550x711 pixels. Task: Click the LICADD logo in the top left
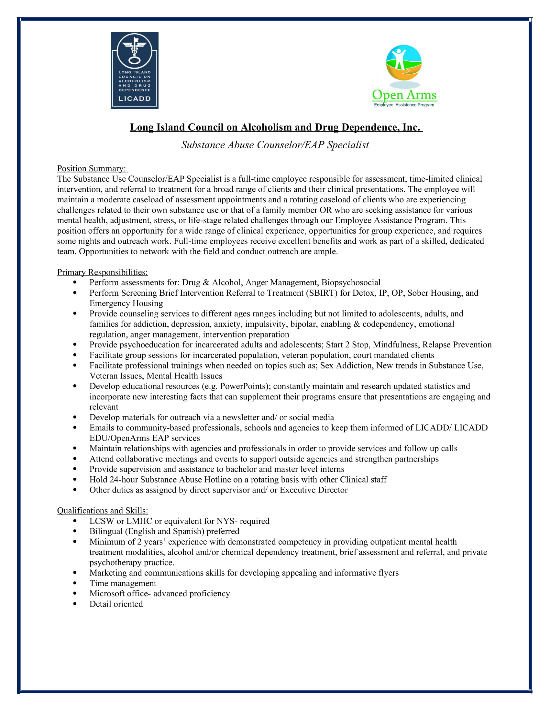[x=135, y=71]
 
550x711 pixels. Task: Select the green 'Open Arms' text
[x=404, y=95]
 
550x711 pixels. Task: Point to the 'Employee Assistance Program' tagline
[x=404, y=105]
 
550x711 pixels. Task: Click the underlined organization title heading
[x=276, y=127]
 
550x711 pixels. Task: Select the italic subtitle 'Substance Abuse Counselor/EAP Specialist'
[x=275, y=145]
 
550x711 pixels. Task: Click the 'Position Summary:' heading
[x=92, y=168]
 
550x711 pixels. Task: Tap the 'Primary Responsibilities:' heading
[x=102, y=272]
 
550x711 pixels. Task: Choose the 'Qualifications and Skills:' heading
[x=102, y=510]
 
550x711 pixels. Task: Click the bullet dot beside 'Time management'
[x=75, y=583]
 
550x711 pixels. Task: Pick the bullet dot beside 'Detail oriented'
[x=75, y=604]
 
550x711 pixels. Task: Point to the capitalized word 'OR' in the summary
[x=326, y=210]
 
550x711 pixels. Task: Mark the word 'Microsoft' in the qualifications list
[x=107, y=593]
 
